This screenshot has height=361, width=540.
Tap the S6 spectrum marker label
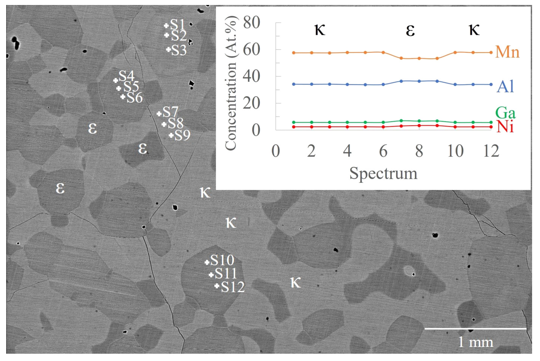(x=135, y=97)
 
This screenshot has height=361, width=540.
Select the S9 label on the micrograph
(x=182, y=135)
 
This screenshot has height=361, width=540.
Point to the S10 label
(x=222, y=260)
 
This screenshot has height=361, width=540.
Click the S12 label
(x=232, y=287)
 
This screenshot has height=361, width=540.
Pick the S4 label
(x=126, y=76)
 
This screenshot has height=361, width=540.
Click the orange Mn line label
(x=507, y=52)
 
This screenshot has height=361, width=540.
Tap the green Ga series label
(x=505, y=113)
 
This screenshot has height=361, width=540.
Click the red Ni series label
(x=505, y=127)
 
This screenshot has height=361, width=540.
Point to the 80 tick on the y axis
(x=252, y=22)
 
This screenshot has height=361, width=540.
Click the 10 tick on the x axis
(x=455, y=151)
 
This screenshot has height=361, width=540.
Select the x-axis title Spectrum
(x=383, y=173)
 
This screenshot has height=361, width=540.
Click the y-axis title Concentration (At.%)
(x=230, y=83)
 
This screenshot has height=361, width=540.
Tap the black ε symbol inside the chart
(x=410, y=30)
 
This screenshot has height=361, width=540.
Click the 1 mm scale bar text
(x=476, y=342)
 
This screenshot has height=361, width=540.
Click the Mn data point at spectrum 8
(x=419, y=58)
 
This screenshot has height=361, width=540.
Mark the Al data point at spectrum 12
(x=491, y=84)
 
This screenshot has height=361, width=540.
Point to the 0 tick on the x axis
(x=276, y=151)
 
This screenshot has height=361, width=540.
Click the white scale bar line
(x=475, y=329)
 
